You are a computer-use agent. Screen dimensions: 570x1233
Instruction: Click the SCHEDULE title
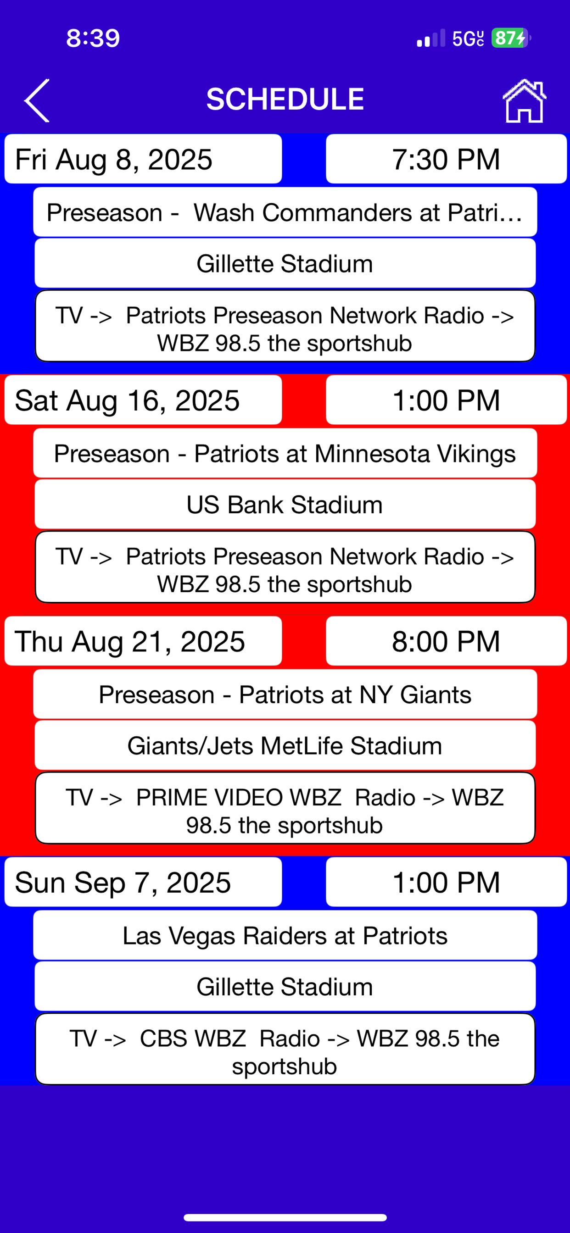click(x=285, y=99)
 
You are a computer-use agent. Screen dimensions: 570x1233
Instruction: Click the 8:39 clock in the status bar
click(x=93, y=38)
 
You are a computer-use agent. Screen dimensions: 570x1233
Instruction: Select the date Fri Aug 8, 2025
click(x=143, y=159)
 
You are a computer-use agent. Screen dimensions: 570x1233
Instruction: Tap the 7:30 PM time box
click(x=447, y=159)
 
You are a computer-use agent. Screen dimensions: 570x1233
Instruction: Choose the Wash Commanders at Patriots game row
click(x=285, y=212)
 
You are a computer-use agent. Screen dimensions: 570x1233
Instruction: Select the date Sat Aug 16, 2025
click(x=143, y=400)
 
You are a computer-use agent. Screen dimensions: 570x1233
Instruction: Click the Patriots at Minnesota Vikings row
click(x=285, y=453)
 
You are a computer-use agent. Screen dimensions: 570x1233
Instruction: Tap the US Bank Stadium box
click(x=285, y=504)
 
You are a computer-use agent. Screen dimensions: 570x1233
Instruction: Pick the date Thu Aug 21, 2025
click(x=143, y=641)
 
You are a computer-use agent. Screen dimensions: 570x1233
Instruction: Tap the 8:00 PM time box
click(x=447, y=641)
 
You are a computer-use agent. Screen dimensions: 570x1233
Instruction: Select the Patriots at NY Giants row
click(x=285, y=694)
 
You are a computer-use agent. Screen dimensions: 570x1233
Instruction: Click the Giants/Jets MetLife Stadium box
click(x=285, y=745)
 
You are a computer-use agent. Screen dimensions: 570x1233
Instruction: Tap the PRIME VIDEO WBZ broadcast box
click(x=285, y=808)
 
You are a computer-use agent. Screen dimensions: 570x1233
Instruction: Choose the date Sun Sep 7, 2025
click(x=143, y=882)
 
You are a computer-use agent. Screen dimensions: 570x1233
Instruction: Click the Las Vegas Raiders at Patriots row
click(x=285, y=935)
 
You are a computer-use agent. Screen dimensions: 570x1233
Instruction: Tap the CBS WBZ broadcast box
click(x=285, y=1049)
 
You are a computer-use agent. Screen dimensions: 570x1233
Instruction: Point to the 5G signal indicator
click(x=468, y=38)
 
